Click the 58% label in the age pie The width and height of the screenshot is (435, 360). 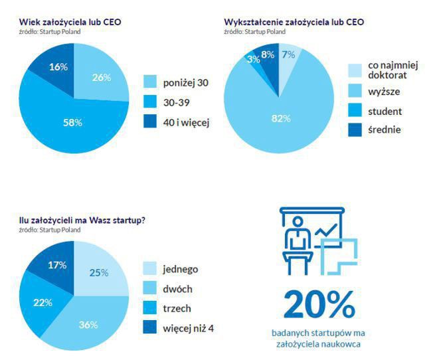[73, 123]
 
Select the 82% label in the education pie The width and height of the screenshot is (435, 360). [282, 118]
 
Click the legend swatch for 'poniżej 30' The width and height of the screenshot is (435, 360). [151, 82]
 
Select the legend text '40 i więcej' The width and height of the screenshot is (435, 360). [187, 122]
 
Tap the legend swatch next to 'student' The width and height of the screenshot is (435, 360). [355, 111]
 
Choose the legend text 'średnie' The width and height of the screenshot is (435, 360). [384, 130]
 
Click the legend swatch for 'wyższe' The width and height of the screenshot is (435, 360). [355, 92]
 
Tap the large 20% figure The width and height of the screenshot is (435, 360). [318, 304]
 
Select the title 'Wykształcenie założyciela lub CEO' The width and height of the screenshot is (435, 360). [294, 22]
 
